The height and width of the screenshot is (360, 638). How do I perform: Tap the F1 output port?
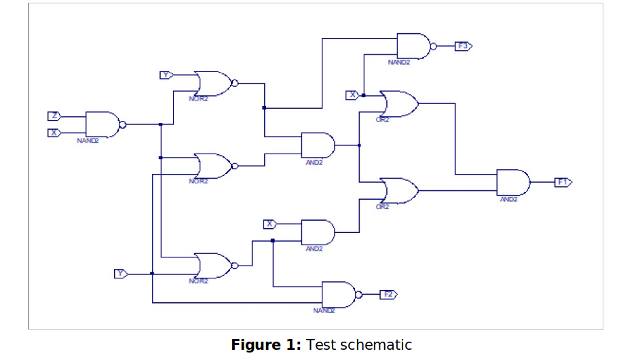pos(563,182)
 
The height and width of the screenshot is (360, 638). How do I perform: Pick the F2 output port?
pos(388,294)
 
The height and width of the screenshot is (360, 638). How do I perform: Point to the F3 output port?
pos(463,46)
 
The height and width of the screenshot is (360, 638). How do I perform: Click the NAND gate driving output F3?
pos(413,46)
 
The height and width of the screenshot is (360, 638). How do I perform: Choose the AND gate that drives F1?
pos(513,182)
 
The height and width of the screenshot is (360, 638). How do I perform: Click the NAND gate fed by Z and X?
pos(102,124)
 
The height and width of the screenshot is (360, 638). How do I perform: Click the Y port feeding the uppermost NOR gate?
pos(165,75)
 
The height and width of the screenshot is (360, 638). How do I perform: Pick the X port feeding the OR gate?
pos(352,95)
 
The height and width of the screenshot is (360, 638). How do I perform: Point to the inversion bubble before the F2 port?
pos(359,294)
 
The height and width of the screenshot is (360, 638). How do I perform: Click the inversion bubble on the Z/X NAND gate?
pos(123,124)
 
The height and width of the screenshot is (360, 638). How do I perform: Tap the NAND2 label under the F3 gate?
pos(399,62)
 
